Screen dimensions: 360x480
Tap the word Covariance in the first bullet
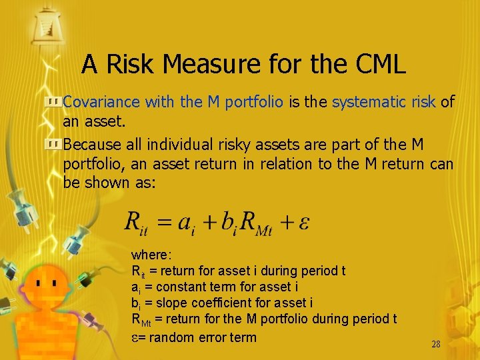coord(101,102)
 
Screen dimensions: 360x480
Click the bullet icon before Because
coord(53,144)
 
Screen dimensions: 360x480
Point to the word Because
coord(93,144)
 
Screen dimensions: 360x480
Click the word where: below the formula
coord(151,255)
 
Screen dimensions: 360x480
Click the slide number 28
coord(436,345)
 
